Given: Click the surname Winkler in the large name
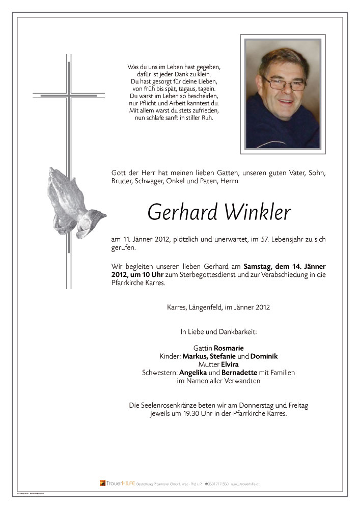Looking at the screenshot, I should tap(255, 212).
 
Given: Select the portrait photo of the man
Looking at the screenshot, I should tap(283, 94).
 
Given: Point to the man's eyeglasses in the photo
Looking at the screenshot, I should tap(283, 82).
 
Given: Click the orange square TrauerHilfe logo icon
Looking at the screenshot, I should tap(102, 483).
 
